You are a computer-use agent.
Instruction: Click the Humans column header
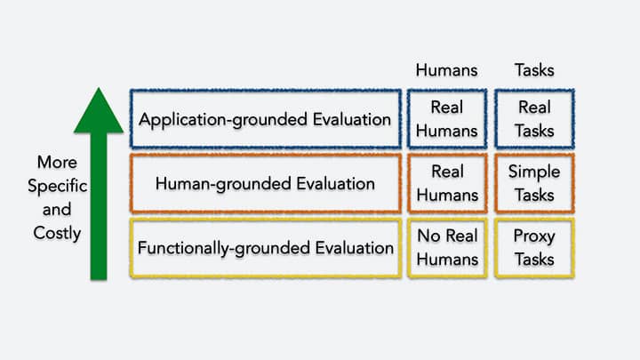coord(446,70)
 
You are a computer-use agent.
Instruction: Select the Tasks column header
coord(534,70)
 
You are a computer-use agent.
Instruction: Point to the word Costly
coord(57,234)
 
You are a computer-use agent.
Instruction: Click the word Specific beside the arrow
coord(57,186)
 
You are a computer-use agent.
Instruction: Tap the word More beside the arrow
coord(57,163)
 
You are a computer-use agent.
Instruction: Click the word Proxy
coord(534,236)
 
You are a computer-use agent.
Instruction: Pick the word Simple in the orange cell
coord(534,172)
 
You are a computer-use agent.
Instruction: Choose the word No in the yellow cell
coord(428,236)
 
